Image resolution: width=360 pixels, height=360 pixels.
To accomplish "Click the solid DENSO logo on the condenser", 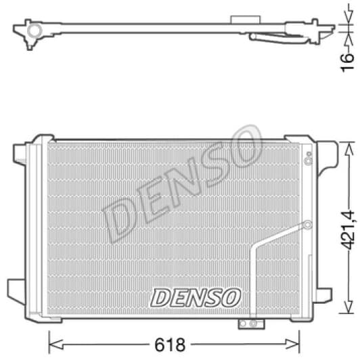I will click(x=195, y=296).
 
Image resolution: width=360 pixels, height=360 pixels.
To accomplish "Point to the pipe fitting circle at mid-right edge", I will click(x=307, y=224).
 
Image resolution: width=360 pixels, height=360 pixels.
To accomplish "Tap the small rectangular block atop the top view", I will click(x=239, y=22).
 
